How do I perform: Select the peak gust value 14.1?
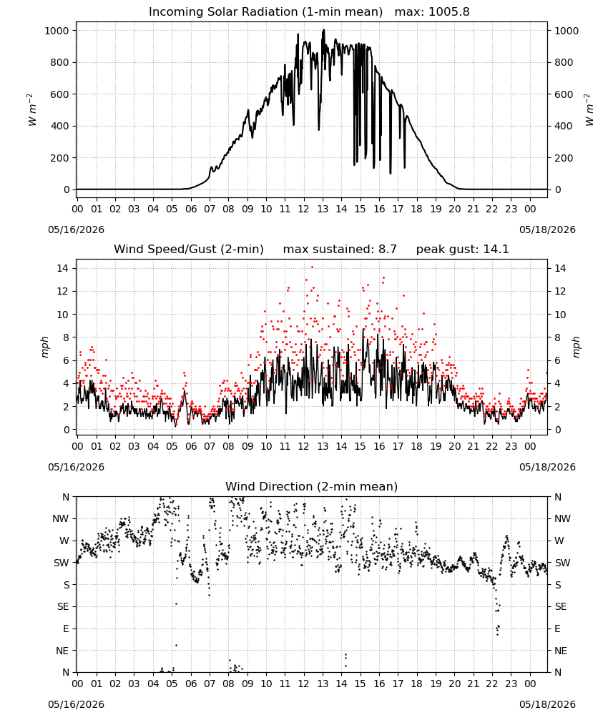coord(494,250)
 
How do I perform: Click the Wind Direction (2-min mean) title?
coord(312,486)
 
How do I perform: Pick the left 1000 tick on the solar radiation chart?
coord(57,31)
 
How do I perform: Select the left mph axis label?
coord(44,347)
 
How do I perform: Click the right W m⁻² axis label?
coord(589,110)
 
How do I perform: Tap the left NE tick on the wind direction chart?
coord(62,651)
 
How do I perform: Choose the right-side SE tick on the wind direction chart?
coord(561,606)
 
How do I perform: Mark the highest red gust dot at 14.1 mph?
coord(312,267)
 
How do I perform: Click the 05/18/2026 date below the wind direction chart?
coord(547,704)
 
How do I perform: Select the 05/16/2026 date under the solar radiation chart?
coord(76,230)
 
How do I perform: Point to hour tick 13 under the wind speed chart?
coord(323,446)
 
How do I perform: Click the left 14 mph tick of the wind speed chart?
coord(62,268)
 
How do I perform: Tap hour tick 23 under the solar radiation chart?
coord(511,209)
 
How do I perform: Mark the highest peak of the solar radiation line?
coord(324,29)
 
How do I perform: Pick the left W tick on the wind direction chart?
coord(64,541)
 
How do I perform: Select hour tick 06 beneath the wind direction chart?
coord(191,684)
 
